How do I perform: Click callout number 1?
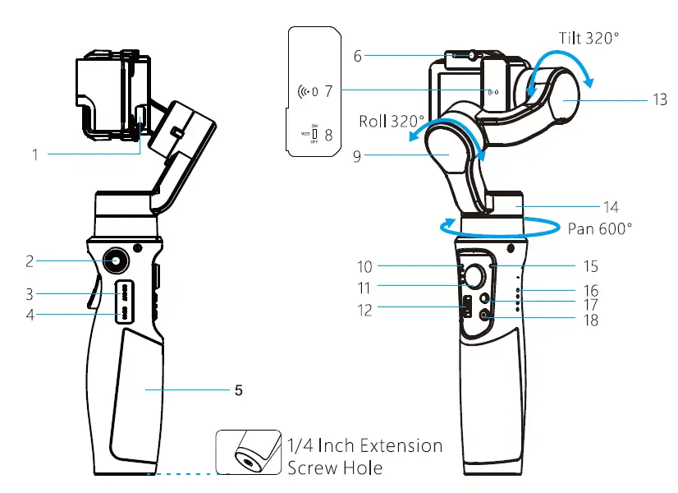coord(35,154)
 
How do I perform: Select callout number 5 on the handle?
coord(238,390)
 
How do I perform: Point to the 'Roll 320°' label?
coord(387,122)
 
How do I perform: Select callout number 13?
coord(659,99)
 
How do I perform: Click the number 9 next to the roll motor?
coord(356,154)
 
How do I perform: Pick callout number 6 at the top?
coord(358,56)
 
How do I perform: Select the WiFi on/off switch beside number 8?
coord(314,133)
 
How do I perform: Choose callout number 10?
coord(365,266)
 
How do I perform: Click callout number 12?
coord(365,310)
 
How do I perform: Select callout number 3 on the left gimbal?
coord(29,293)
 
